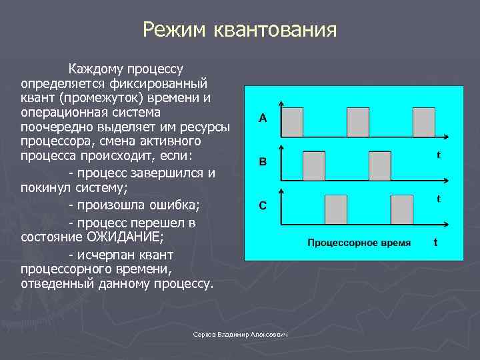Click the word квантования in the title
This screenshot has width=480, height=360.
[x=275, y=30]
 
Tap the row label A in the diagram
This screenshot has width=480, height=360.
[x=263, y=119]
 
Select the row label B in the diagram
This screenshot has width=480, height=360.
[x=263, y=161]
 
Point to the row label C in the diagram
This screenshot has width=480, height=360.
[x=263, y=206]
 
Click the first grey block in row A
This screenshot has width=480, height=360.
[x=292, y=123]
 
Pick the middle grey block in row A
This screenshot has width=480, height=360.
[x=357, y=123]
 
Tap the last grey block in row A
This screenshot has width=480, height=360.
[x=423, y=123]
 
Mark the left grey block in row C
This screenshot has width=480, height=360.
[x=335, y=209]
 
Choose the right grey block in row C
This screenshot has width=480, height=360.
[x=401, y=209]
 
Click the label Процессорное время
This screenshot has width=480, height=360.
[x=359, y=242]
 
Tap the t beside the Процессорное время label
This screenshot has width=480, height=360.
[x=435, y=242]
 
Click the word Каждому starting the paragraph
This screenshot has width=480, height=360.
[x=92, y=69]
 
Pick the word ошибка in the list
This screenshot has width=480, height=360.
[x=175, y=203]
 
